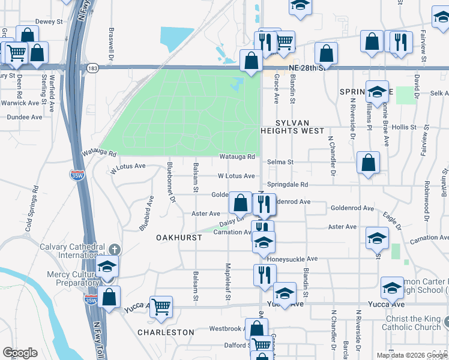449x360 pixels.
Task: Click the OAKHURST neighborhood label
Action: pos(178,238)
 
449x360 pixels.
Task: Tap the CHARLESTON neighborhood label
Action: pos(166,332)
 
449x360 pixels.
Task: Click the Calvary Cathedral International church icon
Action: pos(114,248)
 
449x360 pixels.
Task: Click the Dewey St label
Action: pos(49,22)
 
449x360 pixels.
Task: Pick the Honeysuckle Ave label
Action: pos(292,259)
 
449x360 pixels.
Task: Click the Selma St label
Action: pos(280,162)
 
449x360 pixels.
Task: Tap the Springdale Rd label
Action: pos(288,185)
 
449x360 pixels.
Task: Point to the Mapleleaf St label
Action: pos(228,282)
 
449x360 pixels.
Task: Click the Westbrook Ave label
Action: pos(225,329)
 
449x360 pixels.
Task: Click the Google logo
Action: pos(20,353)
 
